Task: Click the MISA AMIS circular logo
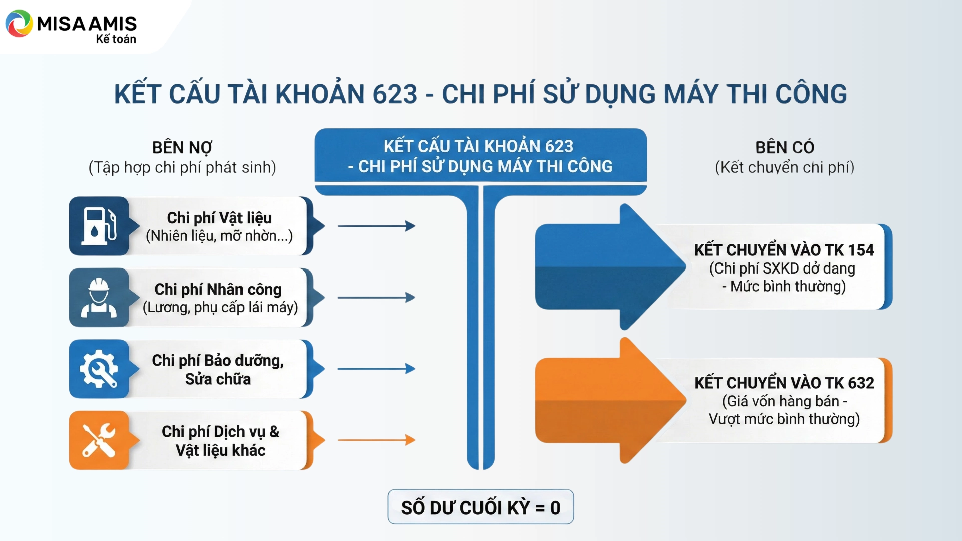point(19,23)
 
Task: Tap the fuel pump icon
point(99,226)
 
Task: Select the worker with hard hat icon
point(99,298)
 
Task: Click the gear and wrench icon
point(99,369)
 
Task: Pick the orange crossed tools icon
point(99,440)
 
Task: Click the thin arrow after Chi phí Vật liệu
point(376,226)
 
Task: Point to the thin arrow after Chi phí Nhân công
point(376,298)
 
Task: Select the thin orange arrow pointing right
point(376,440)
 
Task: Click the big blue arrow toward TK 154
point(610,267)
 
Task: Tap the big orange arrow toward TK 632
point(610,400)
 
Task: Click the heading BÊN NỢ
point(182,148)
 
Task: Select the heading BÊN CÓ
point(785,147)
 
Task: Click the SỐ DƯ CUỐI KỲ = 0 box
point(480,507)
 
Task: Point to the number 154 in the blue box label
point(860,250)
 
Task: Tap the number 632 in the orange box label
point(861,383)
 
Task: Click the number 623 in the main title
point(395,94)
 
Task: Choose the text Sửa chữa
point(218,379)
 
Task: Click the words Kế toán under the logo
point(116,39)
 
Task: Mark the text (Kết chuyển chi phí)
point(785,167)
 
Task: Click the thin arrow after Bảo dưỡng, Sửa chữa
point(376,369)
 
